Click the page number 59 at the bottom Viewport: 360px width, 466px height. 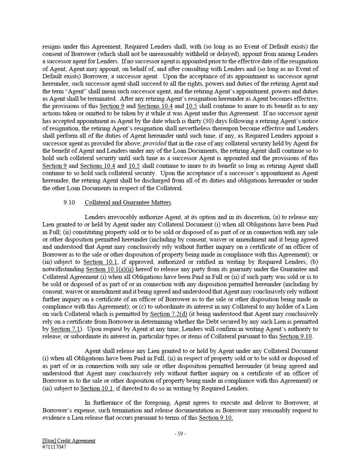click(x=180, y=434)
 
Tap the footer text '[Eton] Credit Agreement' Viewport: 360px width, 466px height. click(x=69, y=441)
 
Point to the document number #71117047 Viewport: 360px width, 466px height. click(x=54, y=447)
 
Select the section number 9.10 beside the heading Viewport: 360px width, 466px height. click(x=69, y=202)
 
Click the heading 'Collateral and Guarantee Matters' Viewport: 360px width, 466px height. click(x=128, y=202)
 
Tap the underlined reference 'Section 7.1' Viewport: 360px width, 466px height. click(x=65, y=329)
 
